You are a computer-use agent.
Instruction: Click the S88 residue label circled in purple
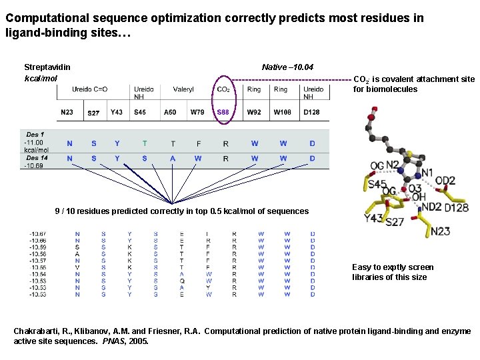coord(223,113)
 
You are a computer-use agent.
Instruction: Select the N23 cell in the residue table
coord(67,113)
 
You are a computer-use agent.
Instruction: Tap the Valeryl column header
coord(183,89)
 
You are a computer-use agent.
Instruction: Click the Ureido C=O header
coord(90,89)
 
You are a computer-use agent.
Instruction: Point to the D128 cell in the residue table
coord(311,113)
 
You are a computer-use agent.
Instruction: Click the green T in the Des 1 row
coord(145,143)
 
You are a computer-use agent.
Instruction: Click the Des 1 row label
coord(35,135)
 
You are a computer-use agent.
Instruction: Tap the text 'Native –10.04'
coord(287,67)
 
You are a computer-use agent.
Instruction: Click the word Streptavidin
coord(47,67)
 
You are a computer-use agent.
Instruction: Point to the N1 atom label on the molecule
coord(427,173)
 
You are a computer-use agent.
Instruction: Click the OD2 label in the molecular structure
coord(445,181)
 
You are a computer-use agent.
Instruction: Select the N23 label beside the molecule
coord(440,231)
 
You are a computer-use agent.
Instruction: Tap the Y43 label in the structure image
coord(373,217)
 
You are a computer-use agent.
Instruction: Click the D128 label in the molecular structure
coord(456,207)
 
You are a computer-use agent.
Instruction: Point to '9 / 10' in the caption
coord(65,211)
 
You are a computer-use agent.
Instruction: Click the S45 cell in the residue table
coord(140,113)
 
